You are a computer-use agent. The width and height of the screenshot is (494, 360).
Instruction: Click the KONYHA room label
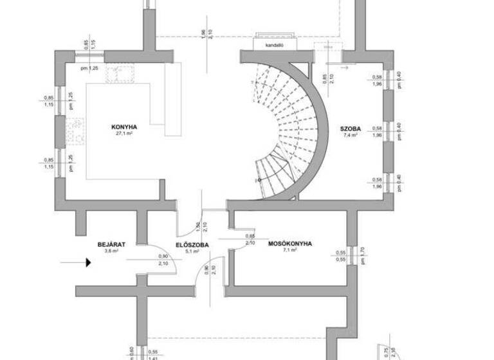tap(123, 127)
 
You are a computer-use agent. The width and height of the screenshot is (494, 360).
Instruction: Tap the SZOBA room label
tap(352, 127)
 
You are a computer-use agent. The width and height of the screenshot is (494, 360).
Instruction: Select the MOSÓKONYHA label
tap(290, 244)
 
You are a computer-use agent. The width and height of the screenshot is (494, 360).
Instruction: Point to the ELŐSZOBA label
tap(192, 244)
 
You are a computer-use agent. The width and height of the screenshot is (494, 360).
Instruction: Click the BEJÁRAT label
tap(111, 244)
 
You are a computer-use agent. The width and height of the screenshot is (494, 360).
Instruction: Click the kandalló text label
tap(275, 46)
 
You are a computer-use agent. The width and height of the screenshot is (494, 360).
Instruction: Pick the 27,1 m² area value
tap(123, 134)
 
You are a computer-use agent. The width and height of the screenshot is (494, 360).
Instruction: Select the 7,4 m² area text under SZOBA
tap(351, 135)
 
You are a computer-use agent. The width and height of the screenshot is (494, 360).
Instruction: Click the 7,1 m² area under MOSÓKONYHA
tap(289, 251)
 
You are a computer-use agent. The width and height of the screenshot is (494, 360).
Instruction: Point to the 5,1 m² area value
tap(192, 251)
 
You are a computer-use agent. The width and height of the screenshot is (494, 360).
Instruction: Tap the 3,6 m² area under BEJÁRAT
tap(111, 251)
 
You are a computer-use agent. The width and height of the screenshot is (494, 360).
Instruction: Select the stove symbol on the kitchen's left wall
tap(75, 130)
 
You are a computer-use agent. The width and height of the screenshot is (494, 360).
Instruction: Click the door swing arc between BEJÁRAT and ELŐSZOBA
tap(154, 251)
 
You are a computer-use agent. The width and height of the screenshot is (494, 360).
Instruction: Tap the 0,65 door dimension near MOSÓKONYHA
tap(250, 237)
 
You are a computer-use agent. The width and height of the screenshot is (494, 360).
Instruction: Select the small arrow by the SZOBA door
tap(343, 66)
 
